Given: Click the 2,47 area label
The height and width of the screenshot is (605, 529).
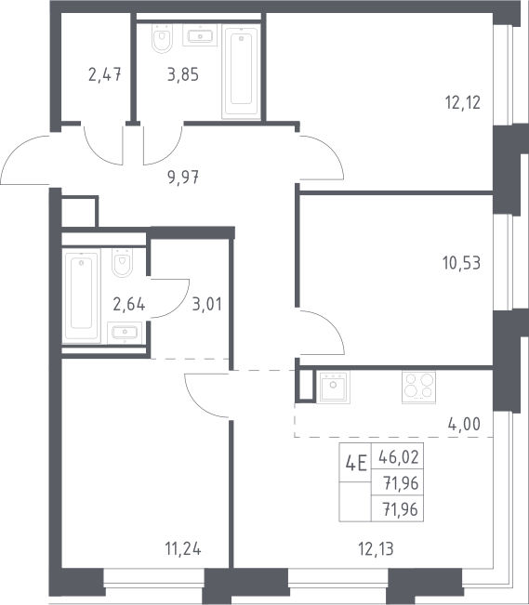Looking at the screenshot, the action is point(105,74).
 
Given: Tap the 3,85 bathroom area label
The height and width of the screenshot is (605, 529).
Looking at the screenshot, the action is point(183,74).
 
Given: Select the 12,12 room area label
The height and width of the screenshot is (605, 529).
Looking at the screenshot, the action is point(463,103).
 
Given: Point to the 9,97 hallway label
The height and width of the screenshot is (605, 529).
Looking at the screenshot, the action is point(183,178).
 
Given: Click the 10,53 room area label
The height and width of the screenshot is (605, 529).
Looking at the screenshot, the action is point(462,263).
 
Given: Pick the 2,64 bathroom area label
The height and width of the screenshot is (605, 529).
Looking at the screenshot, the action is point(129,304).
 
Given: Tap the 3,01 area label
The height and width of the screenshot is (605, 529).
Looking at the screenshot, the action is point(207,304).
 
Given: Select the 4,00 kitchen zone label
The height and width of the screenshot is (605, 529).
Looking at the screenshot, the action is point(464,424).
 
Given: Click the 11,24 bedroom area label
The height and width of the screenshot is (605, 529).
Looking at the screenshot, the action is point(183,548).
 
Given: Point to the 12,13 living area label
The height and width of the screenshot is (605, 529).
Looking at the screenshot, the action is point(377,548).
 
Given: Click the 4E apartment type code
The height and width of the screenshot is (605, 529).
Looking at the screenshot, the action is point(356,463).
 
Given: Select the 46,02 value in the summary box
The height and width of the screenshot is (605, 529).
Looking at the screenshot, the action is point(399,457).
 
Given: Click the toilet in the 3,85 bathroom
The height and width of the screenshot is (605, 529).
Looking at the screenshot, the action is point(162,38).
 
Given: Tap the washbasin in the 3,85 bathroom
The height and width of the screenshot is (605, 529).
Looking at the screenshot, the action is point(200,35).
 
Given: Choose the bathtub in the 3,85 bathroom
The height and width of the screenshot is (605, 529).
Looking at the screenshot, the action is point(242,73).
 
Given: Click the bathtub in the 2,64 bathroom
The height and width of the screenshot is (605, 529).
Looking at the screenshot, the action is point(82,296).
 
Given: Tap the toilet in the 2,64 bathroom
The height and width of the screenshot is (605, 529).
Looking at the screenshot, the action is point(123,262).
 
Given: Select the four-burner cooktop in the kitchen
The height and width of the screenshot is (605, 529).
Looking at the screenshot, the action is point(418,387).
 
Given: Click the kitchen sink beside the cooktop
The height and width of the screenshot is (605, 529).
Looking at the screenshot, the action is point(333,387).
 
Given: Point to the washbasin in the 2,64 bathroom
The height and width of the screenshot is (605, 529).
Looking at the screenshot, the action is point(125,333).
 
